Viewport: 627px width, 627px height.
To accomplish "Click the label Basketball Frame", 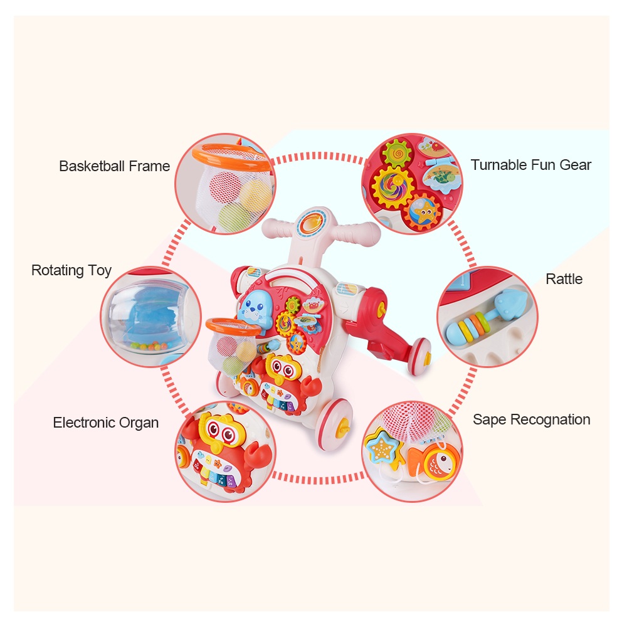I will tap(114, 166).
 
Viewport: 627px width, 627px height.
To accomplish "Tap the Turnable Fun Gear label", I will tap(531, 165).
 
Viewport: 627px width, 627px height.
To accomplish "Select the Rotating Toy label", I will tap(71, 270).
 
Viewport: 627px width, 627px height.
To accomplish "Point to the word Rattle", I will tap(564, 279).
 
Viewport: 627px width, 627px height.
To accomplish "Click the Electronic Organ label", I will tap(105, 423).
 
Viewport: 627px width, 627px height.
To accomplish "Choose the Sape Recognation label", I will tap(531, 419).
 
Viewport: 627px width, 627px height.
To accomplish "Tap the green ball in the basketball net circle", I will tap(234, 218).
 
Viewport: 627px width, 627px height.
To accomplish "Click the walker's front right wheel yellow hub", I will tap(342, 429).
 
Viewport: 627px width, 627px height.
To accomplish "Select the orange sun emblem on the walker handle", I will tap(313, 222).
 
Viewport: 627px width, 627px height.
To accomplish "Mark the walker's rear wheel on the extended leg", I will tap(419, 358).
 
